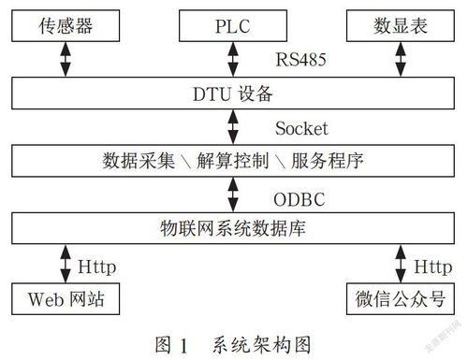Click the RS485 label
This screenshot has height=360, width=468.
click(300, 60)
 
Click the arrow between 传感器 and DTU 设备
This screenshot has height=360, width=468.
click(64, 59)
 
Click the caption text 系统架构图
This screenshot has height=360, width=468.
click(258, 342)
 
